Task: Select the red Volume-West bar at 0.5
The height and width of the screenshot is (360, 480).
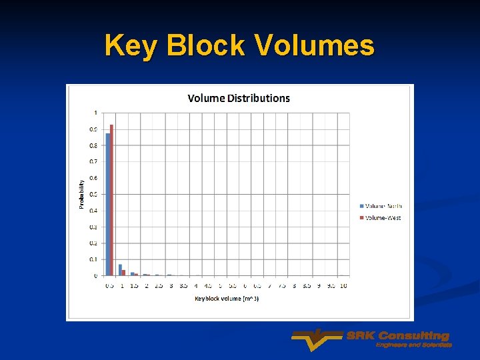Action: pyautogui.click(x=112, y=200)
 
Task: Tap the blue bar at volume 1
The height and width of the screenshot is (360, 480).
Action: pyautogui.click(x=120, y=270)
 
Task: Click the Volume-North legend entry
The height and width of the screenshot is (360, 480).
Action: pyautogui.click(x=383, y=206)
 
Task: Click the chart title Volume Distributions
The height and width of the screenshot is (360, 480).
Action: pyautogui.click(x=239, y=98)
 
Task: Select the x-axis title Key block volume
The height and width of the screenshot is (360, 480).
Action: pyautogui.click(x=227, y=299)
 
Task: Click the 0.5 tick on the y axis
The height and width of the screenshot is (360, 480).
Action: pyautogui.click(x=93, y=194)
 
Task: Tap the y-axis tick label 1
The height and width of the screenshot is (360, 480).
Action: pyautogui.click(x=95, y=113)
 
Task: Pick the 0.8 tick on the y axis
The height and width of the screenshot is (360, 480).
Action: pyautogui.click(x=93, y=145)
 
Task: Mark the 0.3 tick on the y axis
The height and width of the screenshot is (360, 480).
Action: pyautogui.click(x=93, y=227)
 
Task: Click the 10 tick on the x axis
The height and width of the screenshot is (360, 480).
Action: pyautogui.click(x=343, y=286)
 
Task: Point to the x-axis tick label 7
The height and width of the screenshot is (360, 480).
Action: pyautogui.click(x=269, y=286)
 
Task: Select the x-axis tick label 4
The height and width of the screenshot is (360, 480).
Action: pyautogui.click(x=196, y=286)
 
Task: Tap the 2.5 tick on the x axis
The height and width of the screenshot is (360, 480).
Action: pyautogui.click(x=159, y=286)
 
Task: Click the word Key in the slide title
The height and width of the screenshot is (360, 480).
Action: pyautogui.click(x=132, y=45)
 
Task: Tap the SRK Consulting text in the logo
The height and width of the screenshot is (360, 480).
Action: pyautogui.click(x=398, y=335)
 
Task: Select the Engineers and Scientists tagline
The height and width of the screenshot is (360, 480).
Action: pyautogui.click(x=414, y=345)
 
